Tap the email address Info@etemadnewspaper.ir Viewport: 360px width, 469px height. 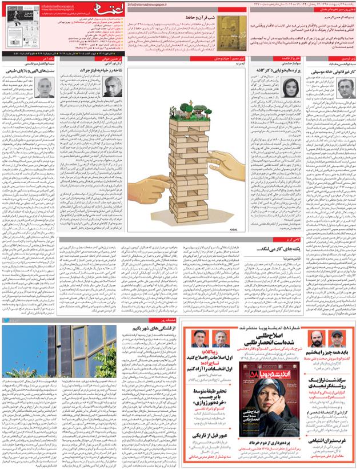click(150, 4)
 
